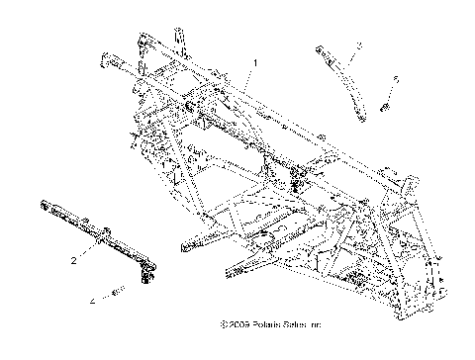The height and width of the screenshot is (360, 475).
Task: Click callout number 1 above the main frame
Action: click(x=254, y=62)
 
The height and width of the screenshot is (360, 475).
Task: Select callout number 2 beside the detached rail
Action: click(x=72, y=261)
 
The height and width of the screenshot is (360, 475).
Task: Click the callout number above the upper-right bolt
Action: click(x=396, y=77)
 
